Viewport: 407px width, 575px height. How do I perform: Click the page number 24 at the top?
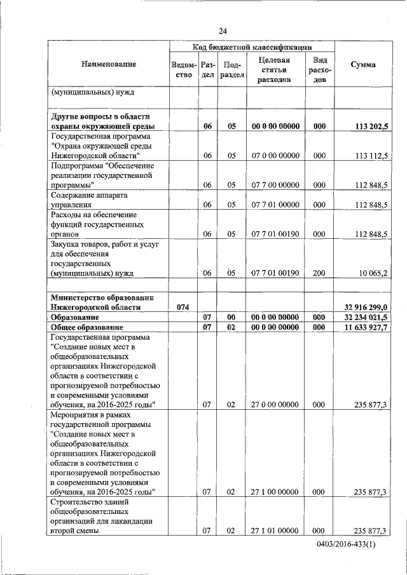pos(223,31)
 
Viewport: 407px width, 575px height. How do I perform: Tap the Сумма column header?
pos(362,65)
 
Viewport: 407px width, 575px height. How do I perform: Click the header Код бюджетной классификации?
pos(252,47)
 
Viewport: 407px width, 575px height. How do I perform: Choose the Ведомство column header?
pos(183,70)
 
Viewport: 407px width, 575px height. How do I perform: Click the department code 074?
pos(183,307)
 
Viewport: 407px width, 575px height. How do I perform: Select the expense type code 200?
pos(319,273)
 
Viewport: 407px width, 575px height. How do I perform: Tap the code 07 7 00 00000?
pos(275,185)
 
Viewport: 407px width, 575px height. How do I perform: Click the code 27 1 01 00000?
pos(275,531)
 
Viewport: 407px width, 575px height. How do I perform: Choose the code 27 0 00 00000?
pos(275,404)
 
